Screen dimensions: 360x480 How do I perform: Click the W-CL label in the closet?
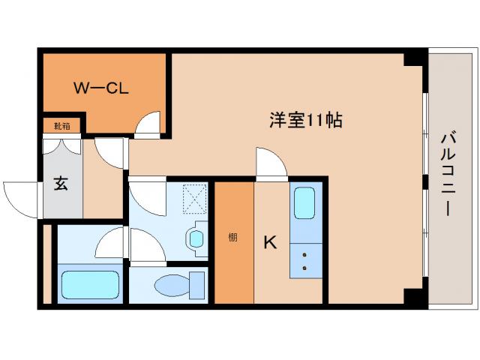(101, 88)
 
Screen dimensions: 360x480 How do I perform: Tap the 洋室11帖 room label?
(306, 120)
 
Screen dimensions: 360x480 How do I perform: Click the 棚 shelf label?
(233, 238)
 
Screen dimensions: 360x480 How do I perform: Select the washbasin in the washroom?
(196, 239)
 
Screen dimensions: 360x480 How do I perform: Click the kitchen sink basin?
(306, 203)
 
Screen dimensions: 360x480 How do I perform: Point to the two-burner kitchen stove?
(306, 260)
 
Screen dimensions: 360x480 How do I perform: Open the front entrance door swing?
(21, 198)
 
